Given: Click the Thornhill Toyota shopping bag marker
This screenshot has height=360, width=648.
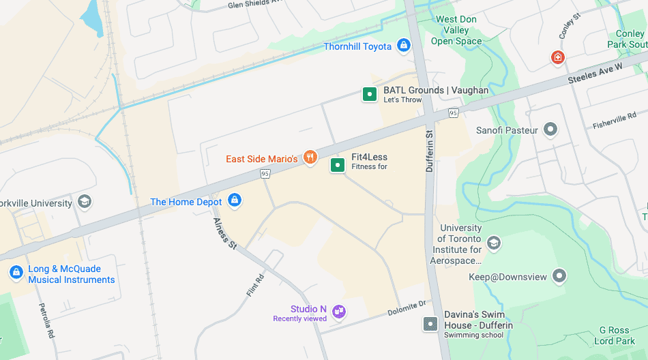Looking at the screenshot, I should pyautogui.click(x=404, y=46).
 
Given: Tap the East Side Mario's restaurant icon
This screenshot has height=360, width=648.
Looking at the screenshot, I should pyautogui.click(x=310, y=158).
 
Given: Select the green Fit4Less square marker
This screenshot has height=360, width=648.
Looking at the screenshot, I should pyautogui.click(x=337, y=165).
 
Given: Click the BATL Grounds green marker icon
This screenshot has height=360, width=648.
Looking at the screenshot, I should pyautogui.click(x=369, y=94).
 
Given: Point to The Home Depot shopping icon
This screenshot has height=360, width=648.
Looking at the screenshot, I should pyautogui.click(x=235, y=200).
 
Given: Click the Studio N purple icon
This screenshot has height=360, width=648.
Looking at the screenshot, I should pyautogui.click(x=339, y=312).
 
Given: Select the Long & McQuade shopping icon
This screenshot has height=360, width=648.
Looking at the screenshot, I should pyautogui.click(x=16, y=273).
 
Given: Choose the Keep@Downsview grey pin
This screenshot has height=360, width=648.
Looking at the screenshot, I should pyautogui.click(x=559, y=276).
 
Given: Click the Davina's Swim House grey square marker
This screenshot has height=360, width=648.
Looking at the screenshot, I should pyautogui.click(x=430, y=324).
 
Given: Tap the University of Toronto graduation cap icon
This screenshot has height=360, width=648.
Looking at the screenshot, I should pyautogui.click(x=494, y=243).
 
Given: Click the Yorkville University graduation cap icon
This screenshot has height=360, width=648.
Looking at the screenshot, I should pyautogui.click(x=85, y=202).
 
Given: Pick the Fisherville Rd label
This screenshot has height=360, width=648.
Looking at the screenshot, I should pyautogui.click(x=614, y=121).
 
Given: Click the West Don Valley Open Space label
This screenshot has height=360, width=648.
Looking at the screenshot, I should pyautogui.click(x=457, y=31).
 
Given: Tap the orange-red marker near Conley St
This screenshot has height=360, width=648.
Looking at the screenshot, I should pyautogui.click(x=558, y=57).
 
